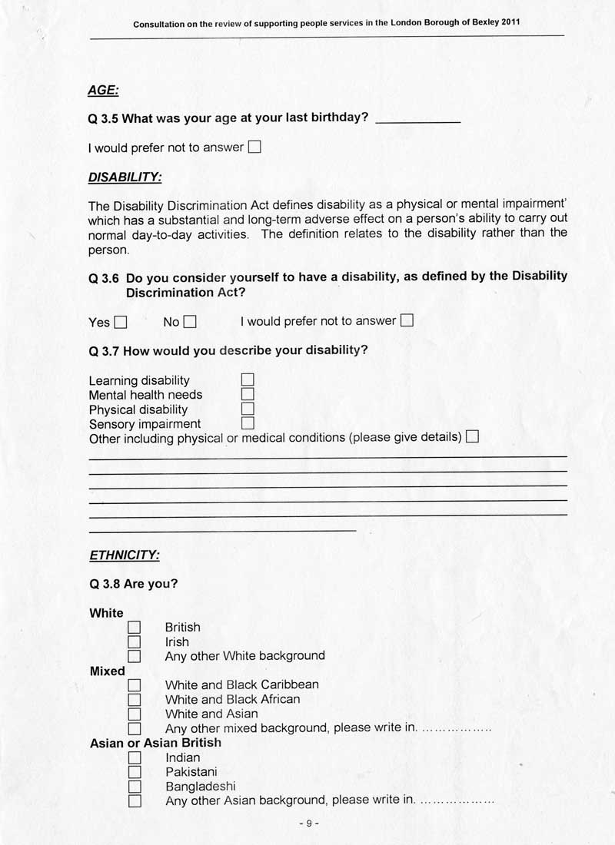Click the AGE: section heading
point(103,91)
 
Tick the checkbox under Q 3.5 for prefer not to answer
point(254,147)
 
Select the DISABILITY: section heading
point(125,177)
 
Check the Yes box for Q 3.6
point(120,323)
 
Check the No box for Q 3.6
point(190,323)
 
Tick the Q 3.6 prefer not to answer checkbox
point(407,320)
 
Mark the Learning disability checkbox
point(248,379)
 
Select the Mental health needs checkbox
point(248,394)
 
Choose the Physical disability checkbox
point(248,409)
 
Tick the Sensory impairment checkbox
point(248,423)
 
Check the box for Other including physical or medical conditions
point(472,437)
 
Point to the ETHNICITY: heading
point(125,555)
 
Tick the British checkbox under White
point(135,628)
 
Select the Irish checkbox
point(135,642)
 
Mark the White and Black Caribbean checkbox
point(135,684)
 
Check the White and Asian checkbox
point(135,714)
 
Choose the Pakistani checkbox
point(135,772)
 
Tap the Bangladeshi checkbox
point(135,787)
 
